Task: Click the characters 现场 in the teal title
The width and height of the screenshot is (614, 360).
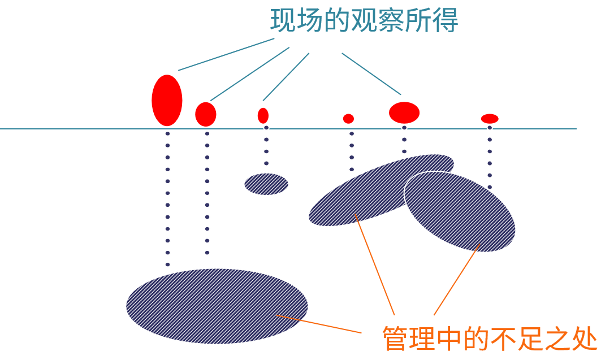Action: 297,20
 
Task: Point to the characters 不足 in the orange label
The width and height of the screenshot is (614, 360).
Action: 517,339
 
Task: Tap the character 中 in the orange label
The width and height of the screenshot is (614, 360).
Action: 451,339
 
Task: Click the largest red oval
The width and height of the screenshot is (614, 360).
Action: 167,100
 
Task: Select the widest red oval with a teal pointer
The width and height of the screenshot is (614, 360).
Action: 404,112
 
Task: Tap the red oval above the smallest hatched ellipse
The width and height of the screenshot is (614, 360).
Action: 263,115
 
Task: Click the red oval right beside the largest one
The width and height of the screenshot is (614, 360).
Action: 206,114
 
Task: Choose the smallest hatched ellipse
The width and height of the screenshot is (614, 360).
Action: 266,184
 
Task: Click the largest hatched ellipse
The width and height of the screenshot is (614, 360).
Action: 217,306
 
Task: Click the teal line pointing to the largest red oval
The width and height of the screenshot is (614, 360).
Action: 226,54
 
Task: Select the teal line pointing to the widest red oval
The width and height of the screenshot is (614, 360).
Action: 371,73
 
